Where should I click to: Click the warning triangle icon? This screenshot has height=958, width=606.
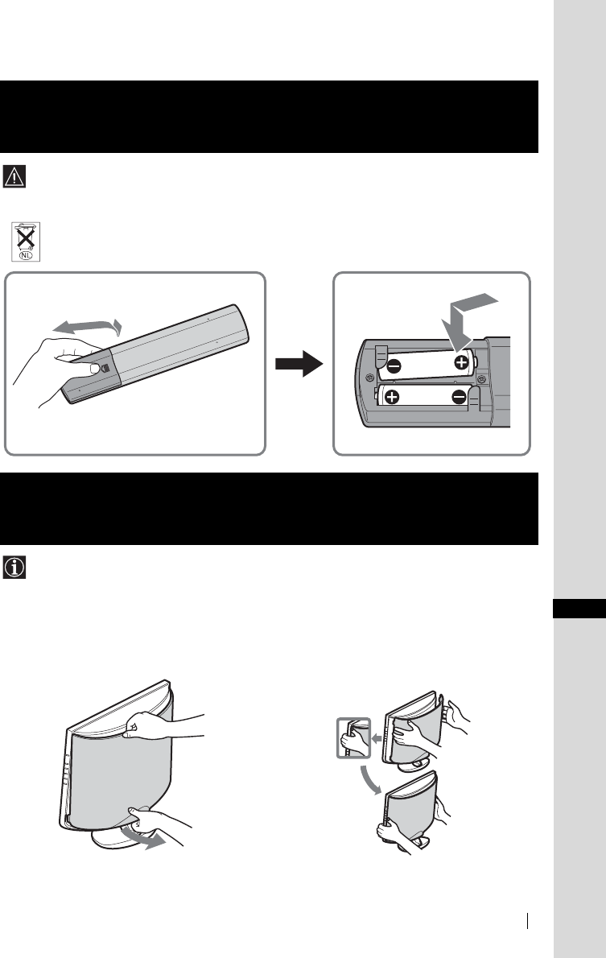coord(15,175)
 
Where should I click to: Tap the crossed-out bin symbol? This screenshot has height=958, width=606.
coord(26,239)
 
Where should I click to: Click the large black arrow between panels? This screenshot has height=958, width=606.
coord(298,365)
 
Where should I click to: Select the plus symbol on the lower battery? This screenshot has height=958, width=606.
coord(393,396)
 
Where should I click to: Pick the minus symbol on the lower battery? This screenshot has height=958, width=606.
coord(459,395)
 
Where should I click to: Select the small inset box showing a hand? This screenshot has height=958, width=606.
coord(352,737)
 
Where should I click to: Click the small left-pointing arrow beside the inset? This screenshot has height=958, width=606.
coord(376,736)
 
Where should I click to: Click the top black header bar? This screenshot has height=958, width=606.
coord(270,116)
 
